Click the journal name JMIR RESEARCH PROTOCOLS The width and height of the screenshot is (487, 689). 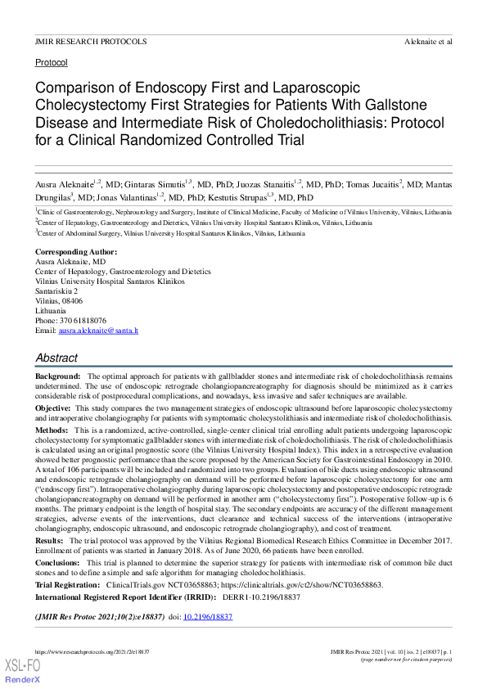click(x=91, y=41)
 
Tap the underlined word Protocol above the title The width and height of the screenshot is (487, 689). click(x=51, y=62)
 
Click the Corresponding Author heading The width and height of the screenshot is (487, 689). click(x=76, y=251)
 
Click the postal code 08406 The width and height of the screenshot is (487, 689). click(x=78, y=300)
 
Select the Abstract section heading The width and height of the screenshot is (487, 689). click(x=56, y=358)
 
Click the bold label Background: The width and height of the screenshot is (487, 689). click(x=57, y=375)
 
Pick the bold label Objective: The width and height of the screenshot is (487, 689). click(x=53, y=407)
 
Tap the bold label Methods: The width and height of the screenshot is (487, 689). click(x=52, y=430)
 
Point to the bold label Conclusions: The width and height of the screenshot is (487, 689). click(x=59, y=564)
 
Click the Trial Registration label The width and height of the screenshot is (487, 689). click(x=68, y=587)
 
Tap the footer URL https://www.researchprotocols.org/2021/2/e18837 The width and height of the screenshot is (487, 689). click(x=92, y=651)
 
